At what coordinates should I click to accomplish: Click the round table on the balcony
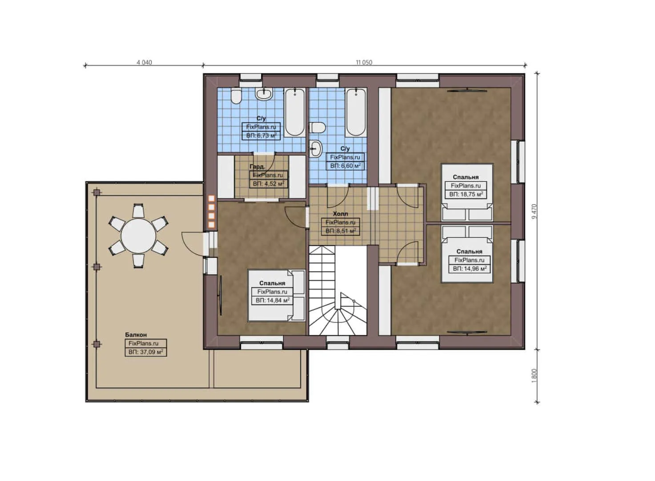(138, 236)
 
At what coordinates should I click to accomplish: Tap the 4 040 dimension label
(144, 62)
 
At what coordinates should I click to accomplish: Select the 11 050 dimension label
(364, 62)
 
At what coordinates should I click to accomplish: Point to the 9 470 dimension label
(534, 211)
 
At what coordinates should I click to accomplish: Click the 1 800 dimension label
(534, 375)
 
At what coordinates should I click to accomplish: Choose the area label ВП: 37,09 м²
(145, 352)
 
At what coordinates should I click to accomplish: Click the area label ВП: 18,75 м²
(466, 194)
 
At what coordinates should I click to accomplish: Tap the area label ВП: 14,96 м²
(469, 269)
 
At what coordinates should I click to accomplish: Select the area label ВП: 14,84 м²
(273, 300)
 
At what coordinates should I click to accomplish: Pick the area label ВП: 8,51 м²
(341, 231)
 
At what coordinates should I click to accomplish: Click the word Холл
(341, 214)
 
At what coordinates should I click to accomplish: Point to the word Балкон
(136, 334)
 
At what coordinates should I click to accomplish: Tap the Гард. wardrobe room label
(257, 166)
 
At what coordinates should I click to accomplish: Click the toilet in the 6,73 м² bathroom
(236, 96)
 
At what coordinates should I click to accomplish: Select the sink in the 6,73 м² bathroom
(264, 94)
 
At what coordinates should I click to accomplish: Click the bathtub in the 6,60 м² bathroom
(355, 112)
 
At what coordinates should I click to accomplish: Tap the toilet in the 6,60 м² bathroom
(317, 128)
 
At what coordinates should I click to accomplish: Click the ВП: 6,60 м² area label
(345, 166)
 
